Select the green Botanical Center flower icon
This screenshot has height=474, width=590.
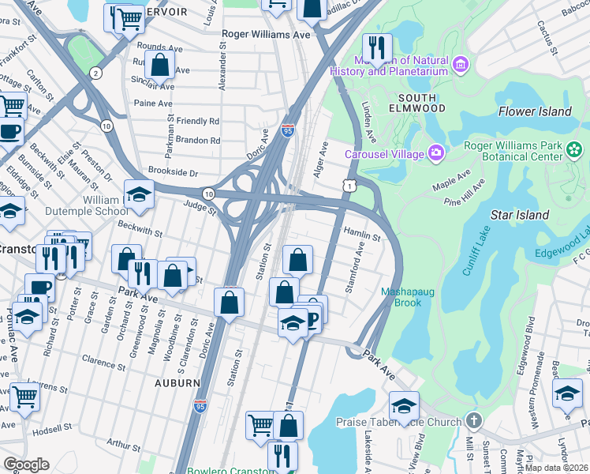pos(574,149)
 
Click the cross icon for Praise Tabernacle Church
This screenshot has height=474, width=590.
pos(473,421)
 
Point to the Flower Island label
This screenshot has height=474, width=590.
pos(535,111)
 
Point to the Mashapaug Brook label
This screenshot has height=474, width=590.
pos(408,296)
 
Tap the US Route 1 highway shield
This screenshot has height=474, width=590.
pos(347,185)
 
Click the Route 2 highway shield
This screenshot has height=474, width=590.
pos(95,73)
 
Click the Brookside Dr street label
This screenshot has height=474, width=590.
pos(174,171)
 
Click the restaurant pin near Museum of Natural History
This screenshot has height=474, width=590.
pos(377,47)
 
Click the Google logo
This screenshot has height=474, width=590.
pos(26,464)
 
